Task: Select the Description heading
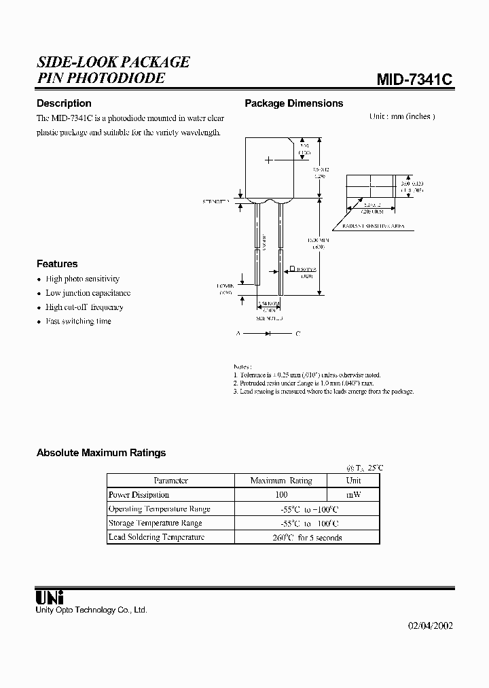point(64,103)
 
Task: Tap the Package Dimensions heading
point(293,103)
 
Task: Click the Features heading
point(57,264)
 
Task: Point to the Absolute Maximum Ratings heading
point(101,452)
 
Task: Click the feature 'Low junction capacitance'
point(88,293)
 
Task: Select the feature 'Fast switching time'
point(78,321)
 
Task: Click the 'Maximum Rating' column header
point(281,481)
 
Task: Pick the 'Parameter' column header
point(170,481)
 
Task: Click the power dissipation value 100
point(281,495)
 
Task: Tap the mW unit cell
point(353,495)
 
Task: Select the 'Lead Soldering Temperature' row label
point(156,537)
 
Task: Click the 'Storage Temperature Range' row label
point(155,523)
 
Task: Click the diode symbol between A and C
point(268,334)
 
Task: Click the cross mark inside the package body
point(269,160)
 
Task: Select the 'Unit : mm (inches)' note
point(402,116)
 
